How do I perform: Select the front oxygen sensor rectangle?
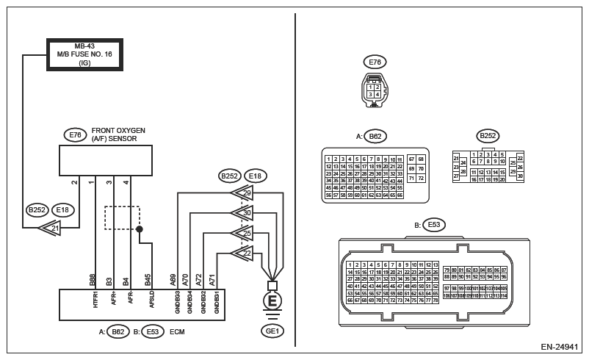point(106,160)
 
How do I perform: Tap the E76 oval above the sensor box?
point(75,134)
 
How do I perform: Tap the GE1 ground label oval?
point(272,331)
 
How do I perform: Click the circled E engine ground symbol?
point(272,302)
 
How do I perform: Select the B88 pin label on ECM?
point(93,280)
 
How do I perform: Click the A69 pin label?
point(173,280)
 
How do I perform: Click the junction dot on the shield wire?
point(140,229)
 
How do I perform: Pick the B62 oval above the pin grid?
point(375,136)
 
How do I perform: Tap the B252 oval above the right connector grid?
point(488,135)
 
